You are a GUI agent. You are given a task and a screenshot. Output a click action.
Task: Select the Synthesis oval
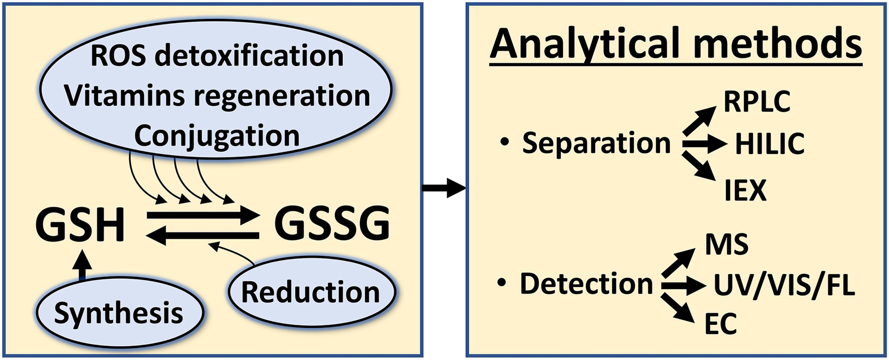click(119, 313)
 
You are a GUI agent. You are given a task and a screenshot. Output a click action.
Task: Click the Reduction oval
click(311, 292)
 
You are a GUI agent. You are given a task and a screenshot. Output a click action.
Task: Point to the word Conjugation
click(217, 136)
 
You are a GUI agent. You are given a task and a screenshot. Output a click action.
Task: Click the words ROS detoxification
click(217, 56)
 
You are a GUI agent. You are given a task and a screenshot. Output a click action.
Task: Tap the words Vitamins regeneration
click(217, 96)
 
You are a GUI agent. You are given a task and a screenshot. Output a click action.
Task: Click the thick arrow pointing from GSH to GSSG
click(203, 215)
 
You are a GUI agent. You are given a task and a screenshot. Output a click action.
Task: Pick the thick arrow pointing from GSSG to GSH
click(203, 236)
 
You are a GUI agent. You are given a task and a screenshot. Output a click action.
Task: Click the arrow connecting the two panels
click(444, 188)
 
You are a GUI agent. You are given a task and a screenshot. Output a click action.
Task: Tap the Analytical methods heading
click(676, 43)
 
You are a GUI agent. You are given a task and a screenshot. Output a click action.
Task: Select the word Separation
click(596, 143)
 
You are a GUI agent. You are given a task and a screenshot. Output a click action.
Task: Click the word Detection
click(586, 283)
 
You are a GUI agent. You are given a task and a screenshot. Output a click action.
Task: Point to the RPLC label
click(757, 102)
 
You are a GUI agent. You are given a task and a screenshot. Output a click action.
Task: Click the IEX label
click(746, 190)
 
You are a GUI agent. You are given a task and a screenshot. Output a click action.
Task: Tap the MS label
click(727, 245)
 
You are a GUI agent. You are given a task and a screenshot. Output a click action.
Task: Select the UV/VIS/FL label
click(784, 285)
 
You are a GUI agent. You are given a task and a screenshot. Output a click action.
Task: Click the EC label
click(721, 324)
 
